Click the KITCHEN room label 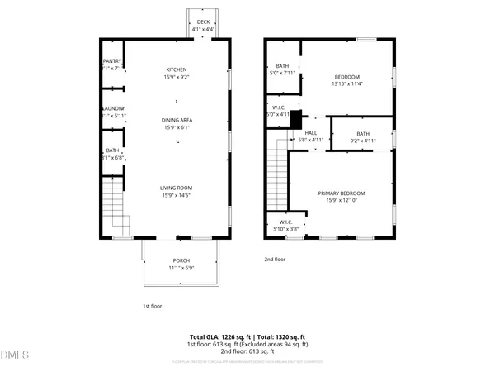[177, 69]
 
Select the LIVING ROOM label [177, 188]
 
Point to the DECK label [201, 23]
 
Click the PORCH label [181, 260]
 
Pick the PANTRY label [111, 62]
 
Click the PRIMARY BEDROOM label [341, 193]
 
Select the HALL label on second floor [311, 133]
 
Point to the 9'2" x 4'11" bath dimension [363, 141]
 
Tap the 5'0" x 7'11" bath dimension [282, 73]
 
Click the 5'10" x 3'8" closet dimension [285, 228]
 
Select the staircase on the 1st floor [115, 207]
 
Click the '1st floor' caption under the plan [153, 305]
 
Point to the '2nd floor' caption [275, 260]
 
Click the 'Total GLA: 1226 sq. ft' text [219, 336]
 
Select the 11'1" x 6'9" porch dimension [181, 267]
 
